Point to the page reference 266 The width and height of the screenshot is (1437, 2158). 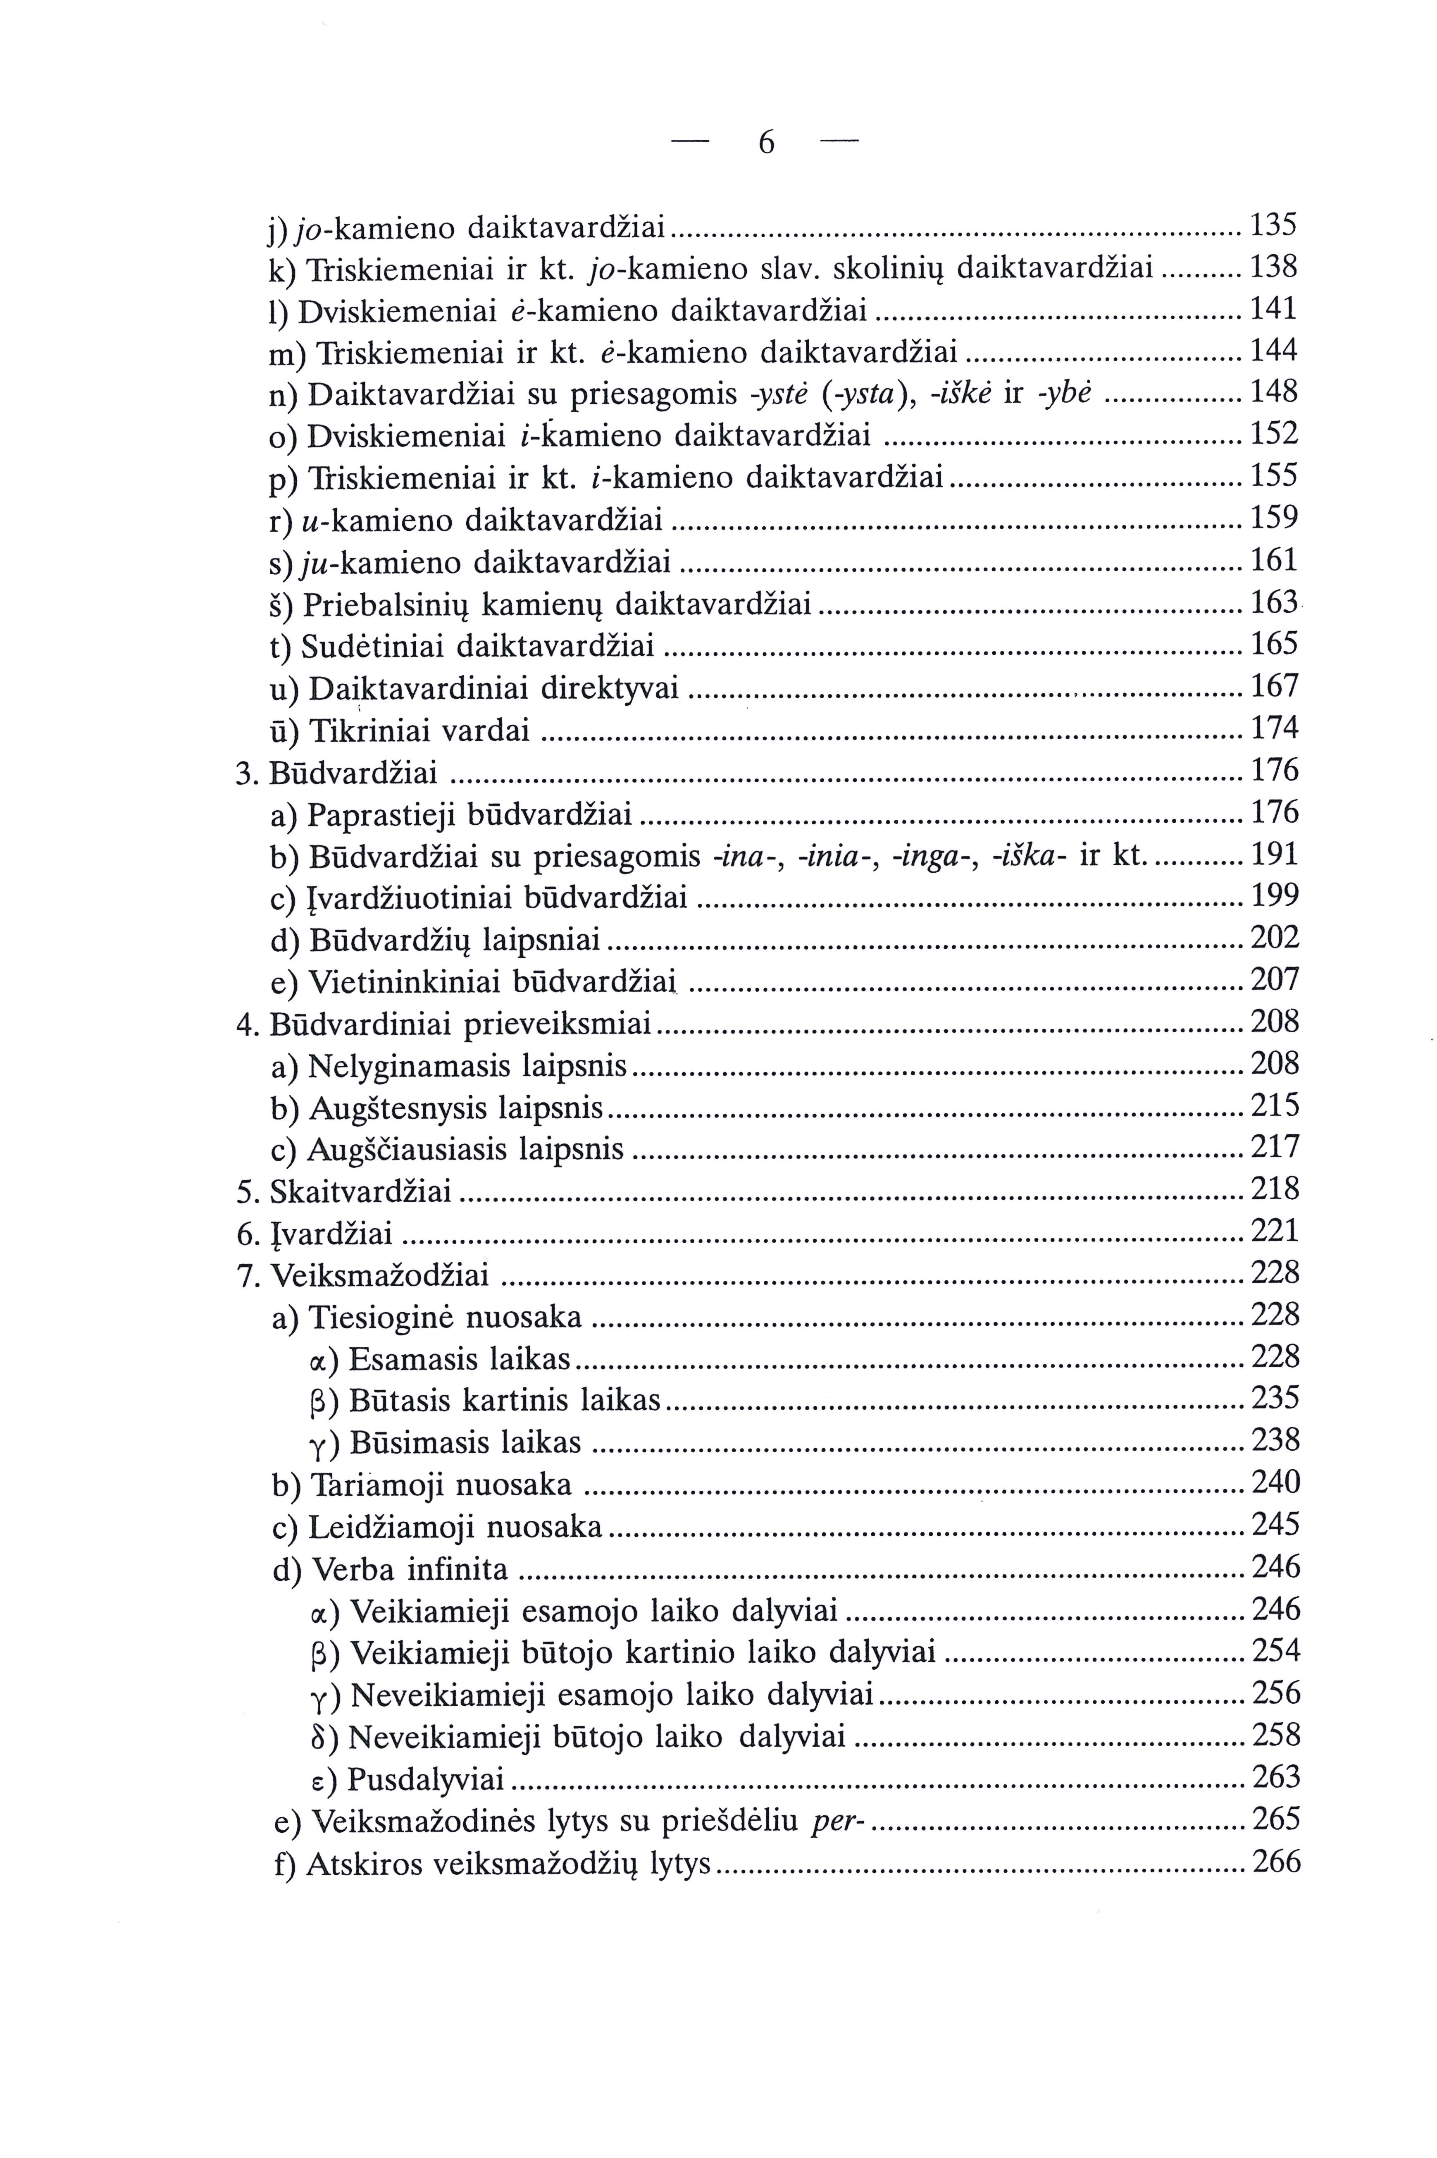[x=1276, y=1861]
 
